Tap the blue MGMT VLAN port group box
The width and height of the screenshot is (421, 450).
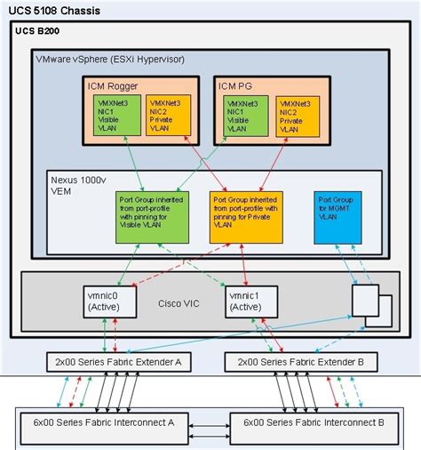337,213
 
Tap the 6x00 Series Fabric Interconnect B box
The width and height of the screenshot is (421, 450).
307,423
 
